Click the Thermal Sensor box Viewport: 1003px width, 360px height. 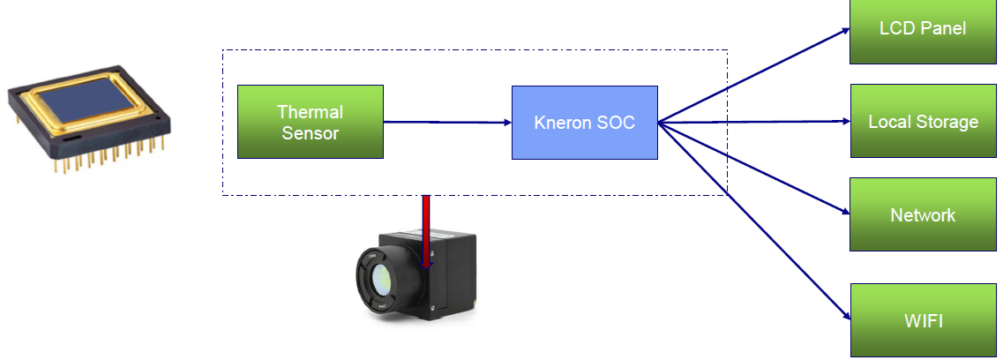coord(311,122)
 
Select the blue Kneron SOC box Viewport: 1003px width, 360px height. coord(584,122)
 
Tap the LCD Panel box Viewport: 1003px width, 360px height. coord(923,30)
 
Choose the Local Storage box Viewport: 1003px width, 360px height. coord(923,121)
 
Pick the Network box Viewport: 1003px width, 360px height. coord(923,214)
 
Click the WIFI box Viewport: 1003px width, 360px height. coord(923,319)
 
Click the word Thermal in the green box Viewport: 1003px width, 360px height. coord(310,112)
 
